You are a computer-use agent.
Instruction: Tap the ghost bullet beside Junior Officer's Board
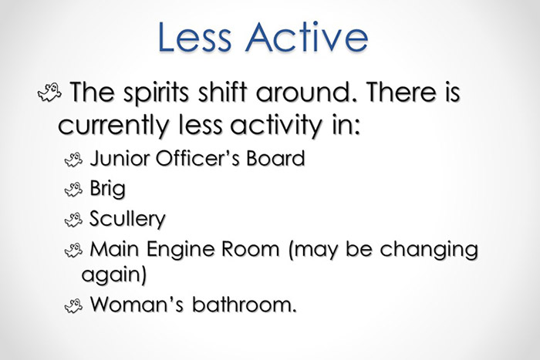click(73, 160)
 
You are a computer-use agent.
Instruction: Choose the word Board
click(275, 160)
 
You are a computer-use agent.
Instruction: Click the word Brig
click(107, 190)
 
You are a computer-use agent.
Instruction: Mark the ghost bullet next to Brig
click(73, 190)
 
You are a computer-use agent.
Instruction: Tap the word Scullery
click(127, 220)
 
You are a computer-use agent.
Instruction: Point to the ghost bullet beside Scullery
click(73, 220)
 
